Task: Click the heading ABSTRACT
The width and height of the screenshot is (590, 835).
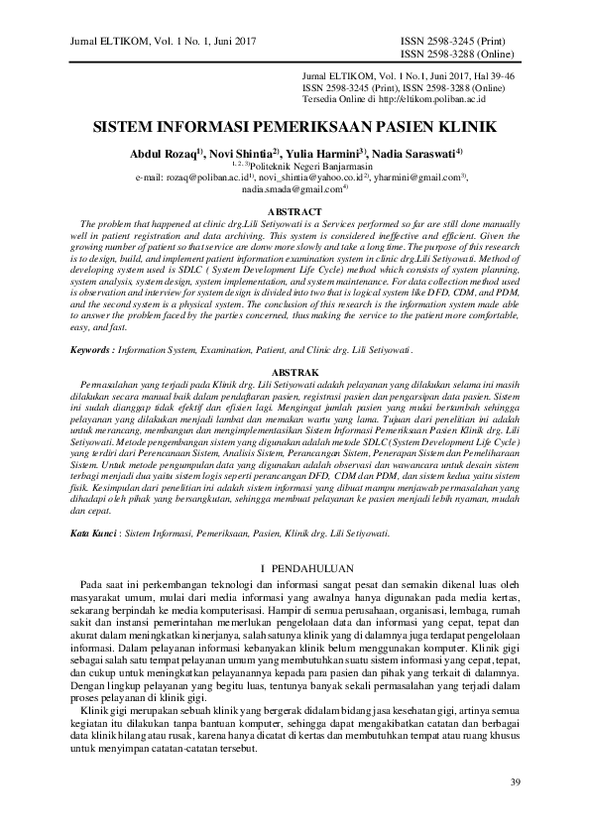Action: [295, 212]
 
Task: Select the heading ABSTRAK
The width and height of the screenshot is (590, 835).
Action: [295, 371]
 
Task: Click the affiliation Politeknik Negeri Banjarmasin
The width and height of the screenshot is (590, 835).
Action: [295, 167]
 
